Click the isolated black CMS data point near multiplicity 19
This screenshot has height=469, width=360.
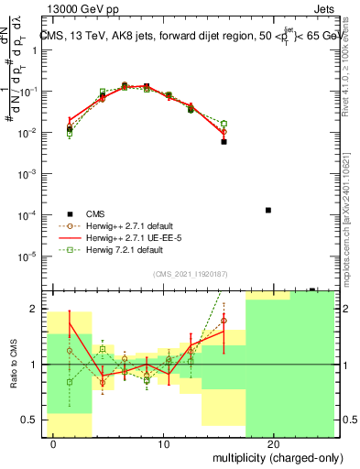coord(267,210)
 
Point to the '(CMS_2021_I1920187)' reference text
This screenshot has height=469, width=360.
coord(191,274)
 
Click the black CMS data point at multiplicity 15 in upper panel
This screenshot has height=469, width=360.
coord(224,142)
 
